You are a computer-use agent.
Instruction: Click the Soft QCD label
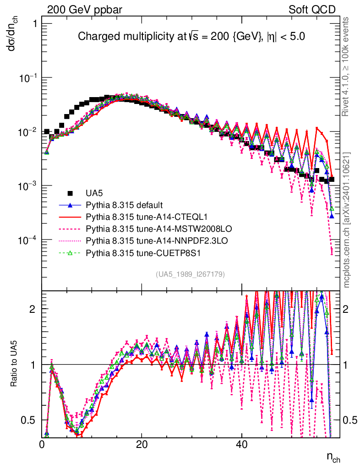point(312,9)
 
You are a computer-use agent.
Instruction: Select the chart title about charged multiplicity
point(191,36)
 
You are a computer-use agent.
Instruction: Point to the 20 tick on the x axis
point(142,444)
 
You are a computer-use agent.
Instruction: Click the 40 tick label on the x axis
point(242,444)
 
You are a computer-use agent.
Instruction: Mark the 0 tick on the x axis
point(42,444)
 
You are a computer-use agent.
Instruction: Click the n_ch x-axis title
point(333,457)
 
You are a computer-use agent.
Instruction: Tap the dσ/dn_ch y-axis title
point(13,39)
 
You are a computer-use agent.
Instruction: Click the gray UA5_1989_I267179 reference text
point(190,274)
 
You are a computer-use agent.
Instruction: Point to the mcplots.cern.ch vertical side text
point(347,220)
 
